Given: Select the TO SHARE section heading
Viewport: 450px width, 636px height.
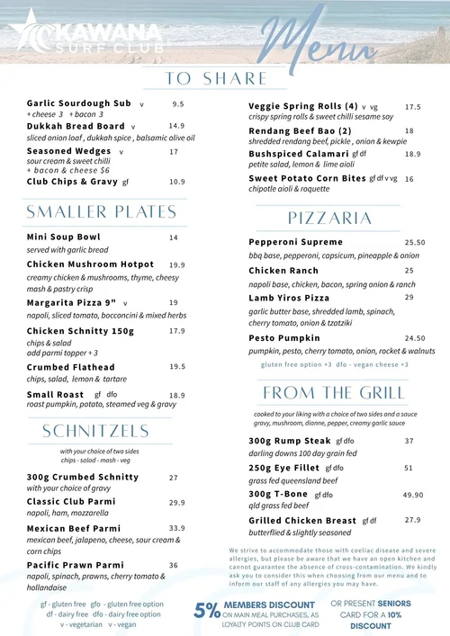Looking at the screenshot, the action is [217, 78].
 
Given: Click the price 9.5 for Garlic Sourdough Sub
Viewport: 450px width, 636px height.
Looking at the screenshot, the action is [178, 104].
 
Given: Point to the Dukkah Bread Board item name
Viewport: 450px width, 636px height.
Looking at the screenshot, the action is [76, 127].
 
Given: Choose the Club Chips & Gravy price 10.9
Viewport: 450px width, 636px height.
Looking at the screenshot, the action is [177, 182].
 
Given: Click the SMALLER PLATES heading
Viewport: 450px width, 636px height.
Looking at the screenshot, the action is [102, 212].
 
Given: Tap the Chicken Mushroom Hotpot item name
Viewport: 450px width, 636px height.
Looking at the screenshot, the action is [91, 265].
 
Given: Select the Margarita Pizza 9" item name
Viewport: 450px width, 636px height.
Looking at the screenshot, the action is [72, 303].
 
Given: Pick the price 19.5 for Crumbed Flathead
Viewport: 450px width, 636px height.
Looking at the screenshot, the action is [177, 367].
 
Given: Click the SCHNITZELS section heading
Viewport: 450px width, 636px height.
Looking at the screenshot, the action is [95, 432].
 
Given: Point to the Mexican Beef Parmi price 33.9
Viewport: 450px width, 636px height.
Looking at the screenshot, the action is [176, 528].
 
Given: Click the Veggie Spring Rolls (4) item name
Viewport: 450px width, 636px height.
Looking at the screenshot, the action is [303, 106].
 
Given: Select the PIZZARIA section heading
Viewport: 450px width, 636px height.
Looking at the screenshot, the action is [330, 219].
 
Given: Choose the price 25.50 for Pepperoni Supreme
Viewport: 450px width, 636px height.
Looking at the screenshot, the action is [415, 243].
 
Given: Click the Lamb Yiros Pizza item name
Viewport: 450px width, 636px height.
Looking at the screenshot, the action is [289, 298].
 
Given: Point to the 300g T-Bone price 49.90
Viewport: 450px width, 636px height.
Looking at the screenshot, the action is [413, 495].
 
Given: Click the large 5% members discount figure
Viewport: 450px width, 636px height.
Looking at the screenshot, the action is [206, 610].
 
